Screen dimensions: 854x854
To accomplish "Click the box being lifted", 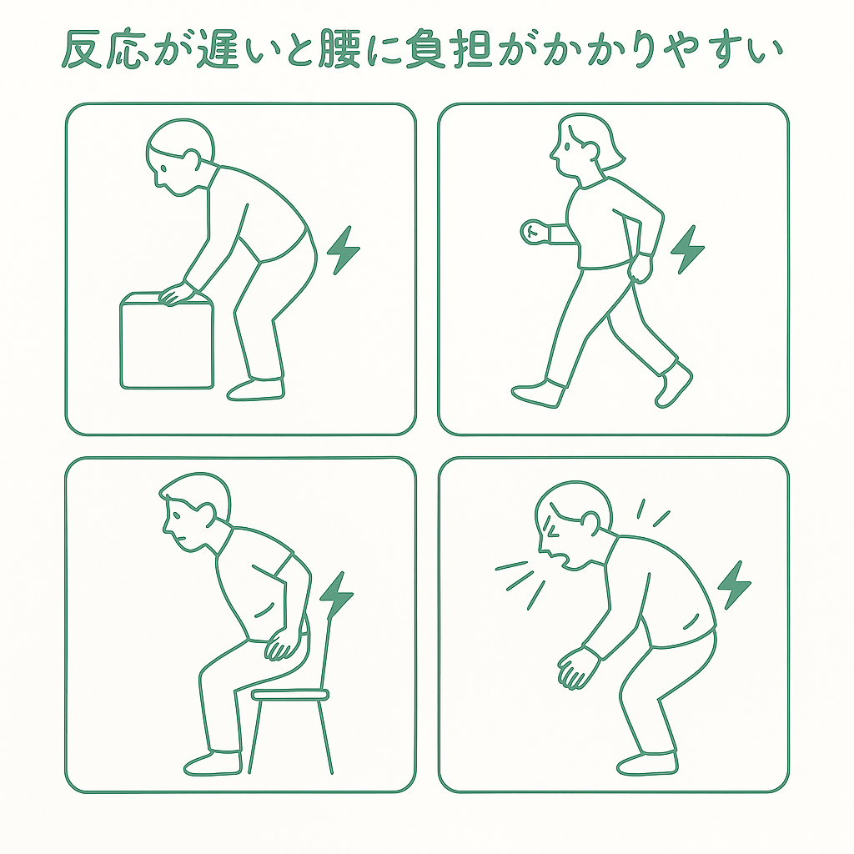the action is (x=167, y=341).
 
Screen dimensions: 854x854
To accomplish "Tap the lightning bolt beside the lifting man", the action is (x=343, y=250).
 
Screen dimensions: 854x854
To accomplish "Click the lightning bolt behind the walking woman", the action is (x=687, y=249).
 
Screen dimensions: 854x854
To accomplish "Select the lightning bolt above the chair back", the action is (x=336, y=595).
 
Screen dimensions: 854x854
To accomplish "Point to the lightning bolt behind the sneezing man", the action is (x=734, y=585).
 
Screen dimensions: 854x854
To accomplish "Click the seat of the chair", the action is (x=289, y=695).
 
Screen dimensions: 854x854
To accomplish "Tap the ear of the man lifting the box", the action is (x=192, y=159).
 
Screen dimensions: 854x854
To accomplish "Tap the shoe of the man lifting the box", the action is (x=256, y=389).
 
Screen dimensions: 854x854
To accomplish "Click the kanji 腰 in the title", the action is (x=339, y=49).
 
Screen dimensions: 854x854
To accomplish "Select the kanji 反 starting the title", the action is (x=82, y=49).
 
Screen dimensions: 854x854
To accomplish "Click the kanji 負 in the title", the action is (x=426, y=49).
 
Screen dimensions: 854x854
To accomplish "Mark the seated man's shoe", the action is (x=213, y=763).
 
